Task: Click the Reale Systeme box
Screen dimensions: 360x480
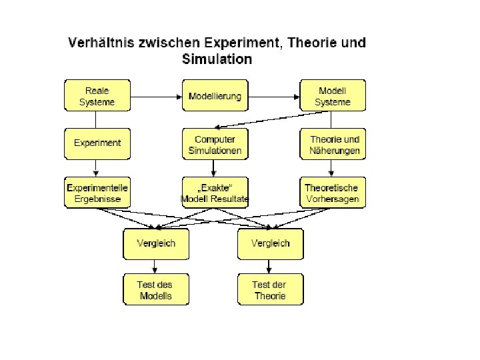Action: [97, 96]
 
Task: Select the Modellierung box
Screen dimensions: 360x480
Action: [215, 96]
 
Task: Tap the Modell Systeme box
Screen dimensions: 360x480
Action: [333, 96]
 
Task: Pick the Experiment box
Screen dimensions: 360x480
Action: [97, 143]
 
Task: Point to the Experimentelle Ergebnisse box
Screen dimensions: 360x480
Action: [97, 192]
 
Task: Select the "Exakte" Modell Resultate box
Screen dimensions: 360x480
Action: [215, 192]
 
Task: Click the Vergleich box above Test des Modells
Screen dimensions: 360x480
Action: [156, 243]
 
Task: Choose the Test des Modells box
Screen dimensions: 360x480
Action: [156, 290]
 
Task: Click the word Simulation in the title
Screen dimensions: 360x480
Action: [217, 59]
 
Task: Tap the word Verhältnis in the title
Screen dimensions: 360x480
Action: [99, 43]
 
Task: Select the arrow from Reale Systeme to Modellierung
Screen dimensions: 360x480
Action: [156, 96]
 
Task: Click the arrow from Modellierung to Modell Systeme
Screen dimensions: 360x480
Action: [274, 96]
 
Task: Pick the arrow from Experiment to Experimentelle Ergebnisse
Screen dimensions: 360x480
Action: [97, 167]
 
